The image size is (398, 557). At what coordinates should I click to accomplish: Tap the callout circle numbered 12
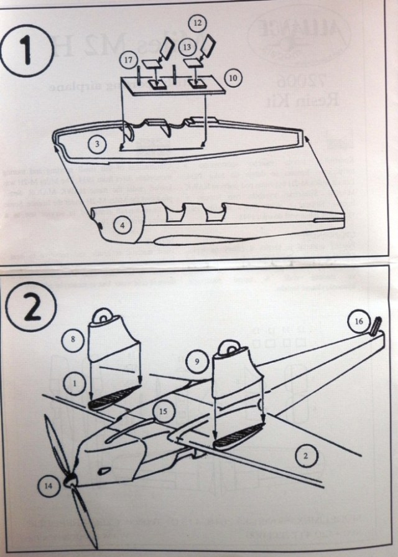coord(198,23)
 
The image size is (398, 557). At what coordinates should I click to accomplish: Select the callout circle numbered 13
coord(187,46)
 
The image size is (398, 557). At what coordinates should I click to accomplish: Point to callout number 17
coord(129,60)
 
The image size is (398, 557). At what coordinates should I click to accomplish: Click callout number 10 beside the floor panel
coord(233,78)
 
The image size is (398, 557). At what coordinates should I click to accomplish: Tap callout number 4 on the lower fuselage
coord(123,225)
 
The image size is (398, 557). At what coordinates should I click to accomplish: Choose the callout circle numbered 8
coord(73,340)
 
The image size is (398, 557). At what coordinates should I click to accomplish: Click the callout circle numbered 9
coord(196,361)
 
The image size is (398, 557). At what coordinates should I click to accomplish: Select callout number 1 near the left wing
coord(75,384)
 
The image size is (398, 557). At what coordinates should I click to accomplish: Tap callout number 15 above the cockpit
coord(163,411)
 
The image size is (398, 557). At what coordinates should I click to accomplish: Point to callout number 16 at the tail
coord(358,321)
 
